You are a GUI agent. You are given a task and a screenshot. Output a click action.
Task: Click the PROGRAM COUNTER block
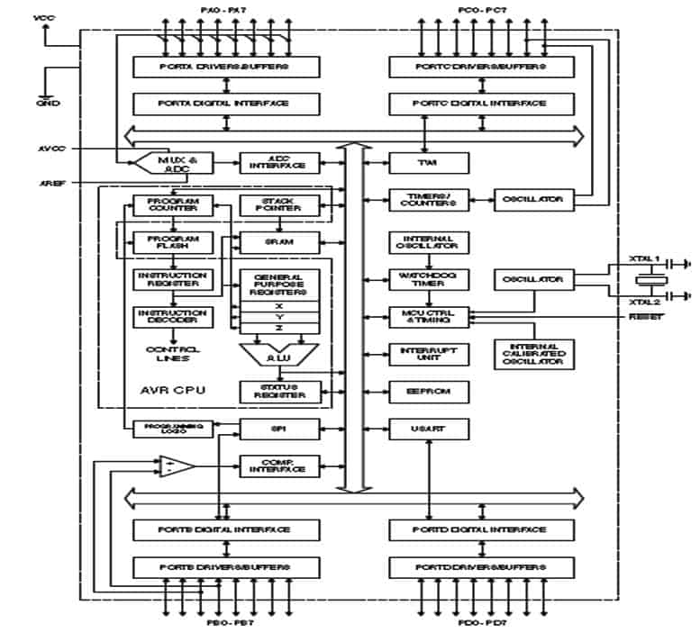(x=172, y=205)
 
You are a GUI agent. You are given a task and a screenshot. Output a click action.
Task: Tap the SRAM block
(x=278, y=241)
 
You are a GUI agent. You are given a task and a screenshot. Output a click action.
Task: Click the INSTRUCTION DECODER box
(x=172, y=317)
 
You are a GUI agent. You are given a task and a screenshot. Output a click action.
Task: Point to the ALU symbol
(x=279, y=356)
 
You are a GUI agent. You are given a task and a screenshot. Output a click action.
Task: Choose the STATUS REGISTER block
(x=278, y=392)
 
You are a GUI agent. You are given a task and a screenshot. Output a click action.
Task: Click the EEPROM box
(x=428, y=392)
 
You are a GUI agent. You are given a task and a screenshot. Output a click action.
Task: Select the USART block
(x=428, y=430)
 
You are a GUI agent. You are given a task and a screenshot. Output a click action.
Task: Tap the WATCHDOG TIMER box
(x=428, y=279)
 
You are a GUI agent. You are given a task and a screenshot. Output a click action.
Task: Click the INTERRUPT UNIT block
(x=428, y=354)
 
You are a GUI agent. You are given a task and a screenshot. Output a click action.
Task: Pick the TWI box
(x=428, y=163)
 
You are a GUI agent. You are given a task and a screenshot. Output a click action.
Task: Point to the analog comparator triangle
(x=178, y=466)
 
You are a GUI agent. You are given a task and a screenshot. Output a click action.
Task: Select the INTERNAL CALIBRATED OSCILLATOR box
(x=534, y=354)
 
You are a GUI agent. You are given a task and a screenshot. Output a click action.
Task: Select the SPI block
(x=278, y=430)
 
